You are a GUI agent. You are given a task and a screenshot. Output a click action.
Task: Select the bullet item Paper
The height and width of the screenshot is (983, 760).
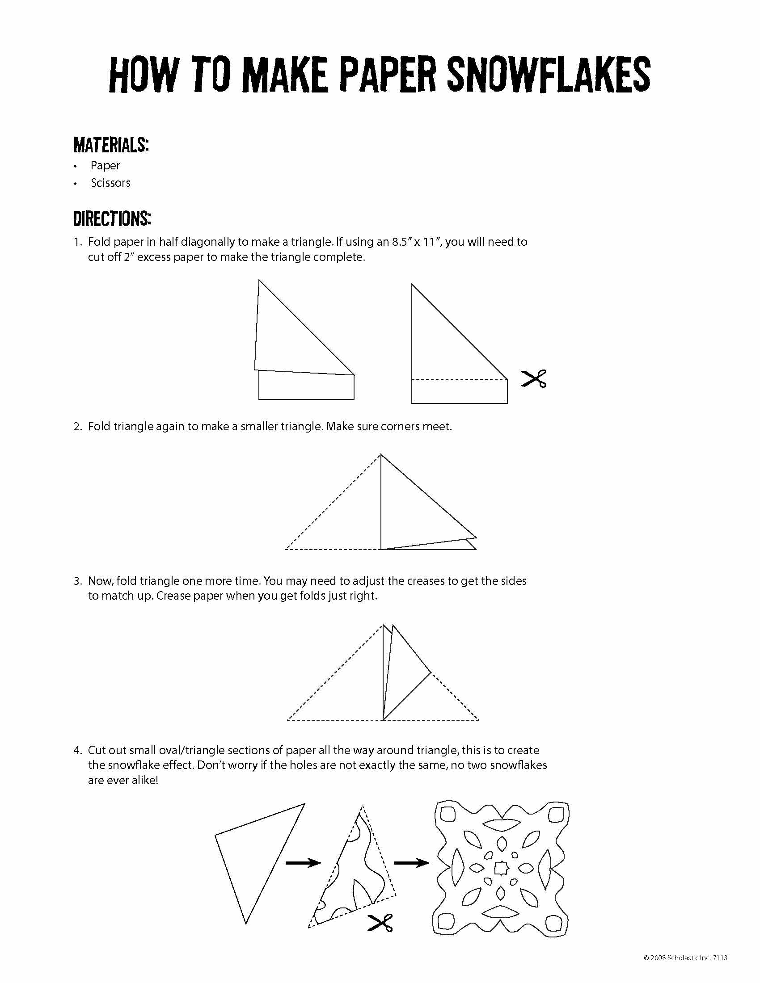click(x=105, y=166)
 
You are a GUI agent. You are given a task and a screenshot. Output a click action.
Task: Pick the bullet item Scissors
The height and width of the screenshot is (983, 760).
click(x=110, y=183)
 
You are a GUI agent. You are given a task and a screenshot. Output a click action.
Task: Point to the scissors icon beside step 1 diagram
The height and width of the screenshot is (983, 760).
click(x=534, y=378)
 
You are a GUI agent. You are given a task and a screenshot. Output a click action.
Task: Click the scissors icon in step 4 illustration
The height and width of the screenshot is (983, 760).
click(x=380, y=923)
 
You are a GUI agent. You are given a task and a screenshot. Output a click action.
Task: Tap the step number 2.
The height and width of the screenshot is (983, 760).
click(x=77, y=426)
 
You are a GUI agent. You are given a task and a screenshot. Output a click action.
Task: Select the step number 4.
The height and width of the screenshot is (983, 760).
click(x=77, y=750)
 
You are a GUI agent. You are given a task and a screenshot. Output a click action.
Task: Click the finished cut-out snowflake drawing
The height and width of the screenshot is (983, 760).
click(x=500, y=869)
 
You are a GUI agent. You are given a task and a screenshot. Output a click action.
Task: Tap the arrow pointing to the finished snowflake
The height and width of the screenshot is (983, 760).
click(x=411, y=863)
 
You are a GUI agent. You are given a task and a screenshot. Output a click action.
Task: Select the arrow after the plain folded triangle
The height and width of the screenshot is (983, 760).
click(x=303, y=863)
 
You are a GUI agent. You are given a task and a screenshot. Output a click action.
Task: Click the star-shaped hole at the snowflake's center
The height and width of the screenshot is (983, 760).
click(x=500, y=868)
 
